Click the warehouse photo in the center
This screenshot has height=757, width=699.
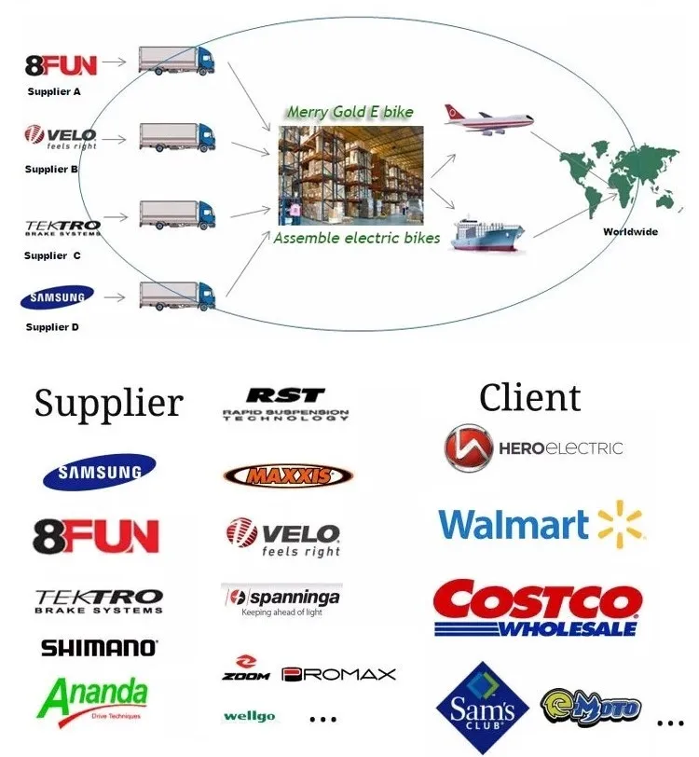click(x=351, y=174)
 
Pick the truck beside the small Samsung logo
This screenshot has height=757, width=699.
click(x=177, y=296)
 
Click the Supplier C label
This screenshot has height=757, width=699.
click(x=52, y=255)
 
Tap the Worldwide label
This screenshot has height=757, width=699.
click(x=631, y=231)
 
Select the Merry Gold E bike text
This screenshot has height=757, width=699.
click(x=349, y=112)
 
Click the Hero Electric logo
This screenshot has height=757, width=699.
click(x=533, y=447)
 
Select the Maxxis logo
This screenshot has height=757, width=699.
click(x=288, y=475)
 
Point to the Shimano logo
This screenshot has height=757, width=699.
click(x=99, y=648)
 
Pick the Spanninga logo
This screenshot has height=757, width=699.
click(x=281, y=599)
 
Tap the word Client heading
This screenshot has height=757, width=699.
click(x=529, y=398)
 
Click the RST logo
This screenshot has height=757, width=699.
click(x=285, y=404)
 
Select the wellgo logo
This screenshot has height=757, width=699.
click(x=250, y=717)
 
